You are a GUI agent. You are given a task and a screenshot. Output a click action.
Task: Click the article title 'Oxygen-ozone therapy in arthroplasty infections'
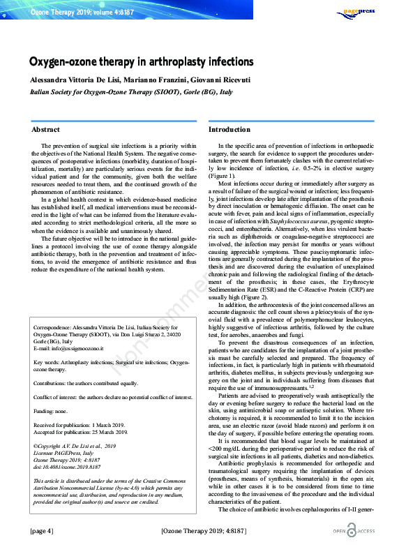141,62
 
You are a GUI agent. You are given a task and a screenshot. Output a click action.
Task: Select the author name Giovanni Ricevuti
218,78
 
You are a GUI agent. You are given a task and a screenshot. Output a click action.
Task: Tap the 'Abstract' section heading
45,130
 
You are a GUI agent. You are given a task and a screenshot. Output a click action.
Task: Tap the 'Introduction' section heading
229,130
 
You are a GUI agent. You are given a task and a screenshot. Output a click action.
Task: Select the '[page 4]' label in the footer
41,532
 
